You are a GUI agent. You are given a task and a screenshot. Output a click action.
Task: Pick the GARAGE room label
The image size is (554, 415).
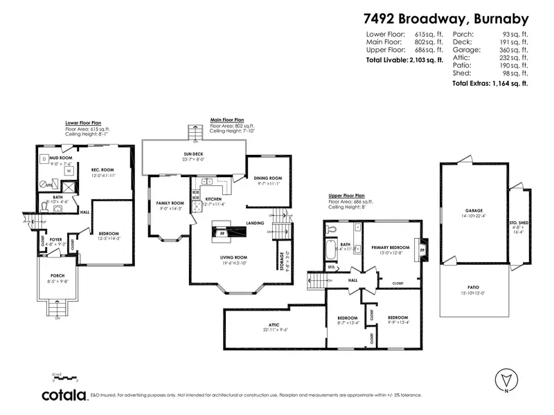coord(474,210)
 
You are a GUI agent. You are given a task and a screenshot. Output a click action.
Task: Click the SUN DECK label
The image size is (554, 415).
coord(193,155)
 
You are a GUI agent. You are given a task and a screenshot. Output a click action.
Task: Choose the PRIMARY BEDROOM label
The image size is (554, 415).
coord(391,248)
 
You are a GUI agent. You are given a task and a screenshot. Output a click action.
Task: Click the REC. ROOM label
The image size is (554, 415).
coord(102,170)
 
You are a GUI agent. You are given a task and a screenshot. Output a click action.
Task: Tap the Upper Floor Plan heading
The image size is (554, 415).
coord(352,196)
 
